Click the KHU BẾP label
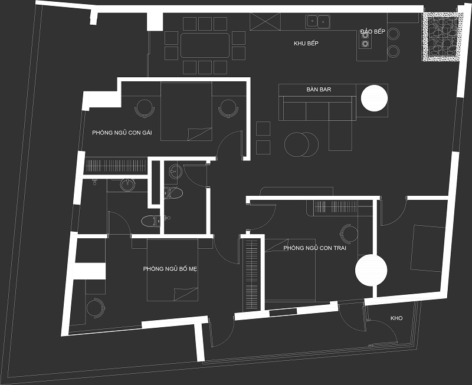click(x=306, y=43)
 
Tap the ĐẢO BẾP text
click(x=373, y=32)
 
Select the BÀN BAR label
click(x=319, y=90)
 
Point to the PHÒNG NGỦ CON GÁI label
click(x=122, y=133)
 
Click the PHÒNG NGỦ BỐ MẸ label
click(x=170, y=269)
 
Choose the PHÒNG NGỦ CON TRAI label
click(x=314, y=248)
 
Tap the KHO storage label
click(x=396, y=318)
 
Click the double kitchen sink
click(x=317, y=22)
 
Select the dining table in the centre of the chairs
click(x=205, y=45)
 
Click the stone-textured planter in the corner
click(x=441, y=37)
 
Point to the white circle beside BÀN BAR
click(x=374, y=98)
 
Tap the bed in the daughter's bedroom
click(x=186, y=111)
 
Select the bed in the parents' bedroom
click(x=172, y=270)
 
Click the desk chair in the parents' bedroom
click(x=96, y=308)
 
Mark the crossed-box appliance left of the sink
click(x=265, y=22)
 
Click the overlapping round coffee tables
click(x=301, y=144)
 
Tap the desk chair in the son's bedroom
click(x=349, y=233)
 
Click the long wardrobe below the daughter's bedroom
click(x=116, y=166)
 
